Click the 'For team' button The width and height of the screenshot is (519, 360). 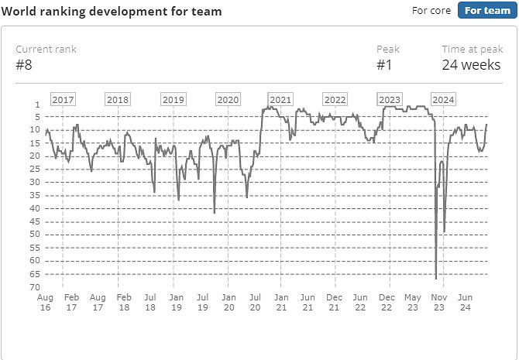(486, 10)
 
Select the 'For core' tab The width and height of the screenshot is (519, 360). (431, 10)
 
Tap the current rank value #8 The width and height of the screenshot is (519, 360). (23, 64)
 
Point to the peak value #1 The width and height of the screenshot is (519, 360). (384, 64)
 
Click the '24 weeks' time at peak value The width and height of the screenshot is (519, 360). (471, 64)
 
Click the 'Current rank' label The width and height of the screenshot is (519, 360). (46, 49)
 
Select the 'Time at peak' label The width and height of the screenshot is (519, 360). (472, 49)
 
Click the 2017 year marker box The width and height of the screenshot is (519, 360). (63, 100)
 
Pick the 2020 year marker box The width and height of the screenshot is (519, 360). (228, 100)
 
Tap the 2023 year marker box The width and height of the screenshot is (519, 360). (390, 100)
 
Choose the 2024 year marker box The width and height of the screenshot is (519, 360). (444, 100)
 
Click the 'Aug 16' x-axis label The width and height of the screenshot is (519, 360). (45, 302)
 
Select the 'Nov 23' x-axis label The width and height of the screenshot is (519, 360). (439, 302)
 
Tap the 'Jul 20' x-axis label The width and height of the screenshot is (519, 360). (255, 302)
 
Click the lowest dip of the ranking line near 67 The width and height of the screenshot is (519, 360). (436, 278)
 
